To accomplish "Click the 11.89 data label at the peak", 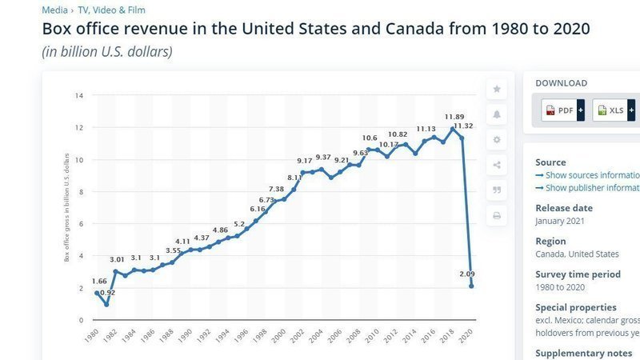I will click(x=454, y=118).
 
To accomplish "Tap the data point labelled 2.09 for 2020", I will click(x=472, y=286).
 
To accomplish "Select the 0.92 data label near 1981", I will click(x=106, y=293).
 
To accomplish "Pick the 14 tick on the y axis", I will click(x=79, y=96).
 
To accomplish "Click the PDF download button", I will click(x=562, y=110).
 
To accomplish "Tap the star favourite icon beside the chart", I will click(x=497, y=89).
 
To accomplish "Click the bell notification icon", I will click(x=497, y=114).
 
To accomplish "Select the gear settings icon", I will click(x=497, y=139).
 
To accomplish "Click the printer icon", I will click(x=497, y=215).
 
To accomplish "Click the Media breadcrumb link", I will click(x=54, y=10).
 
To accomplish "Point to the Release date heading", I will click(x=564, y=208).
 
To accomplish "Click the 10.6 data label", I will click(x=369, y=138).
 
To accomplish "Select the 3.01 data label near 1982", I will click(x=116, y=259).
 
